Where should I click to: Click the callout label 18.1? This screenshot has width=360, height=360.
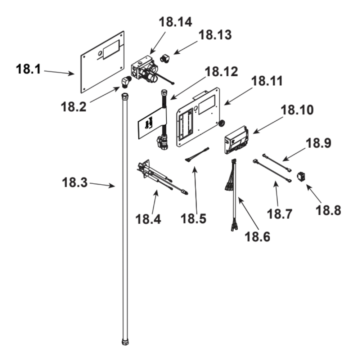click(x=29, y=69)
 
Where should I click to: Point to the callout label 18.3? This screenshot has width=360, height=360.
click(x=73, y=182)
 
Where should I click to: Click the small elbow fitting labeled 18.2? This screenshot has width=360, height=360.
click(x=126, y=82)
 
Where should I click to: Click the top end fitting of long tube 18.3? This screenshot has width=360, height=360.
click(x=125, y=97)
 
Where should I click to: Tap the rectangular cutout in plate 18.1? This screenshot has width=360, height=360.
click(x=111, y=49)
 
